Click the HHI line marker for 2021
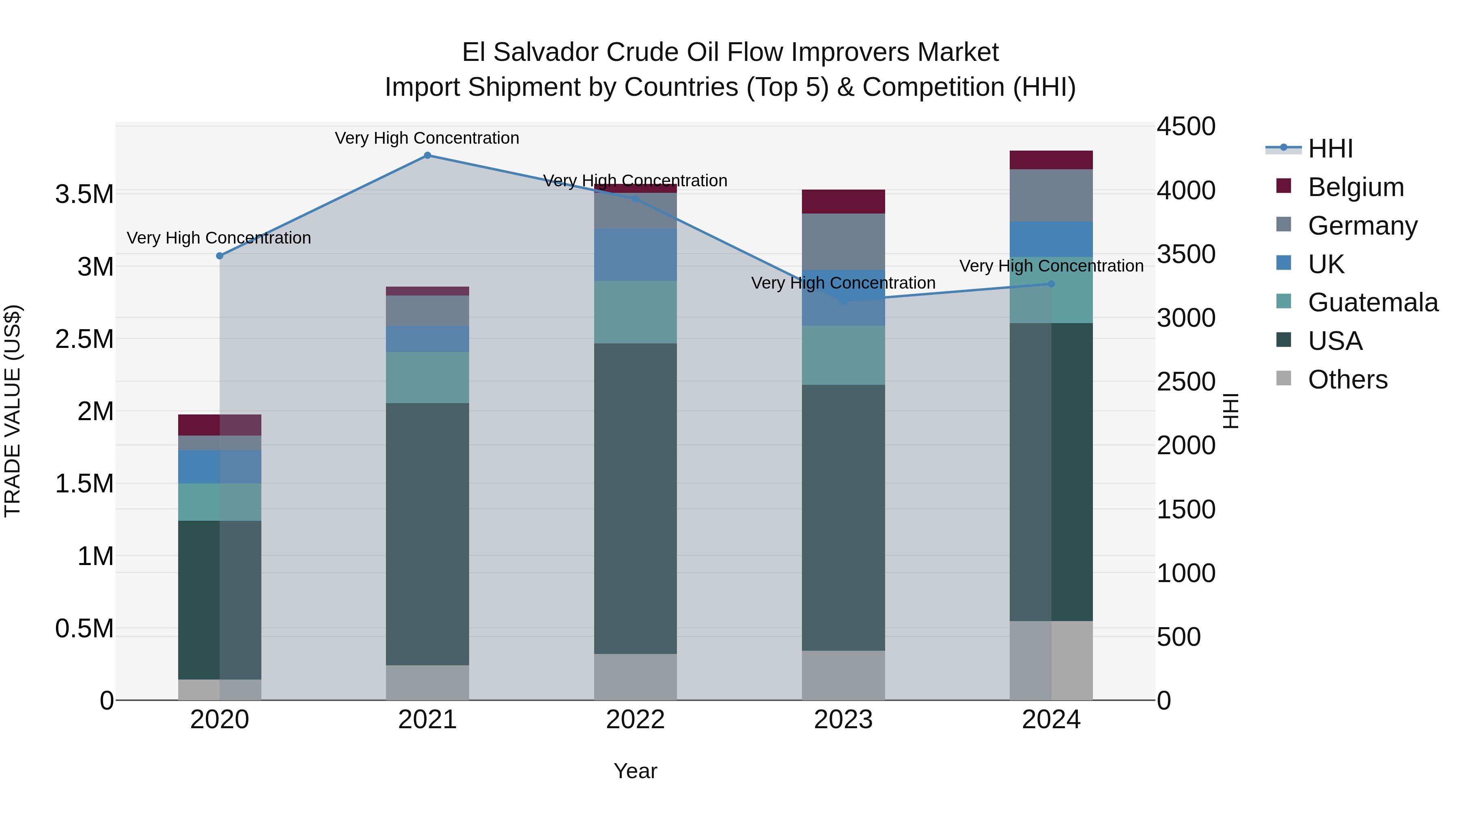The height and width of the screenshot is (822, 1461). click(x=428, y=155)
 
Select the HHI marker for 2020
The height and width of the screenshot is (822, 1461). click(x=220, y=256)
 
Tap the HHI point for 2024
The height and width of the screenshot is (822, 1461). click(x=1051, y=284)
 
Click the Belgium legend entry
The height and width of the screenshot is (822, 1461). click(x=1355, y=187)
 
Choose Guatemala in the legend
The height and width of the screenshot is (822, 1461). click(x=1373, y=302)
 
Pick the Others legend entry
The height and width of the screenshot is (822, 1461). click(x=1347, y=380)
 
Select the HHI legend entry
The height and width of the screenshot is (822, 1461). click(x=1330, y=149)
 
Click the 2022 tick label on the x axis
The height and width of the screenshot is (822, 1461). click(x=635, y=720)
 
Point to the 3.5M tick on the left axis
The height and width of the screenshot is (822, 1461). click(x=84, y=194)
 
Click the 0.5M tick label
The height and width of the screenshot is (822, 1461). click(x=84, y=628)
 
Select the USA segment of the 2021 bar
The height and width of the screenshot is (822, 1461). click(x=428, y=533)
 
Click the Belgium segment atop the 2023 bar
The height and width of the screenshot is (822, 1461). click(x=843, y=201)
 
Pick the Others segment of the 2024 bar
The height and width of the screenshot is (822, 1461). click(x=1051, y=660)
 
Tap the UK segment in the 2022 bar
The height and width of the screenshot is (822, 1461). click(x=635, y=255)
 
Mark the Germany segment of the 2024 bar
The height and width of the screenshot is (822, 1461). click(x=1051, y=195)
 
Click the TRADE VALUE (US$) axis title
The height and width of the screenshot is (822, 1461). click(x=13, y=411)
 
